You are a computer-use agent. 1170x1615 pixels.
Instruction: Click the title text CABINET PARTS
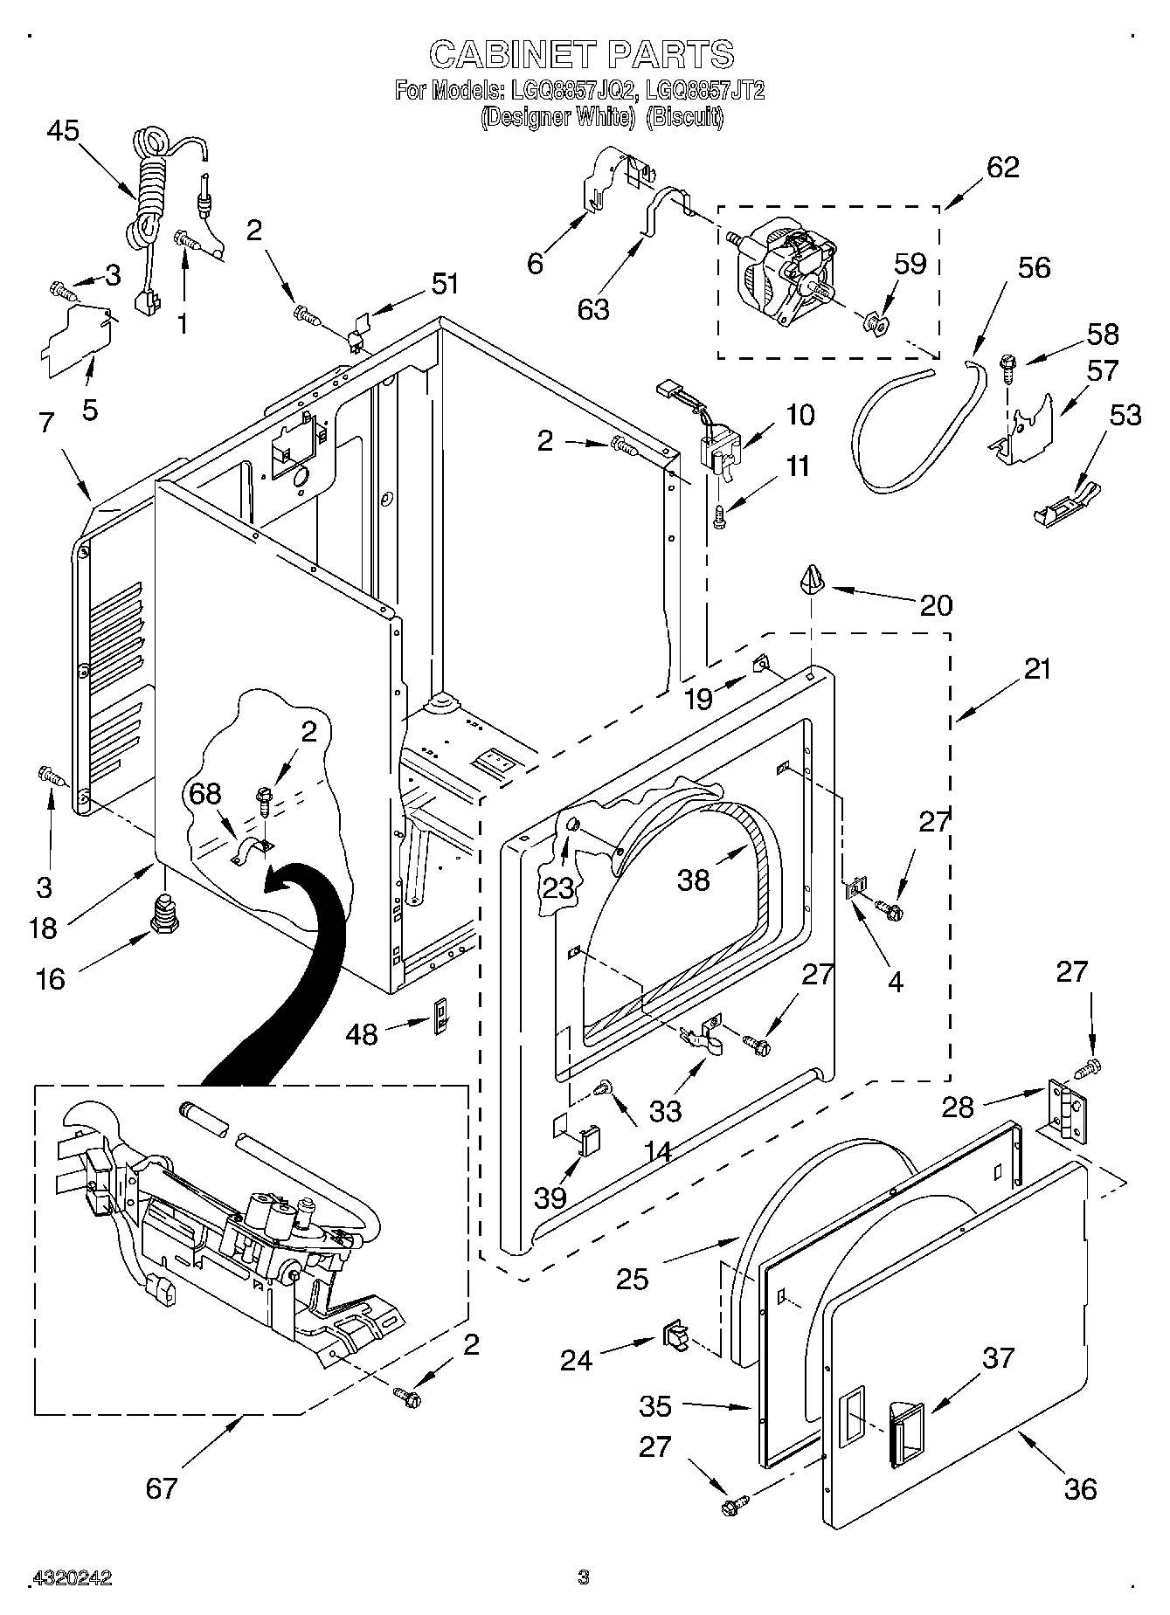(x=581, y=54)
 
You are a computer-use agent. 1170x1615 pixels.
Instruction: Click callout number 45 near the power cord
(x=63, y=131)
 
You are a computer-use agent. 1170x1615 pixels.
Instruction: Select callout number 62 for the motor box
(x=1002, y=167)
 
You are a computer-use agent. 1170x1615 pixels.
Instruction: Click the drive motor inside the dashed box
(x=782, y=271)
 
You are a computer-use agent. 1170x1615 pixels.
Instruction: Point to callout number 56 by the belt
(x=1034, y=267)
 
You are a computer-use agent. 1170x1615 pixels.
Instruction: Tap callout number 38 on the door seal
(x=694, y=880)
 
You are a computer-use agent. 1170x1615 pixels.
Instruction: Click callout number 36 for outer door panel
(x=1080, y=1489)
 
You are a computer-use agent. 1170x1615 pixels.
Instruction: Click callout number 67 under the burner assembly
(x=162, y=1487)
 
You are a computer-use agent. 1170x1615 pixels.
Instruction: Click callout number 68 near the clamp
(x=205, y=793)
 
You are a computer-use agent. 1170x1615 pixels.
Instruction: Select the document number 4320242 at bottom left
(x=72, y=1578)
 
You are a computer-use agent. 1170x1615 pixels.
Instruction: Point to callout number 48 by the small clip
(x=362, y=1034)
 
